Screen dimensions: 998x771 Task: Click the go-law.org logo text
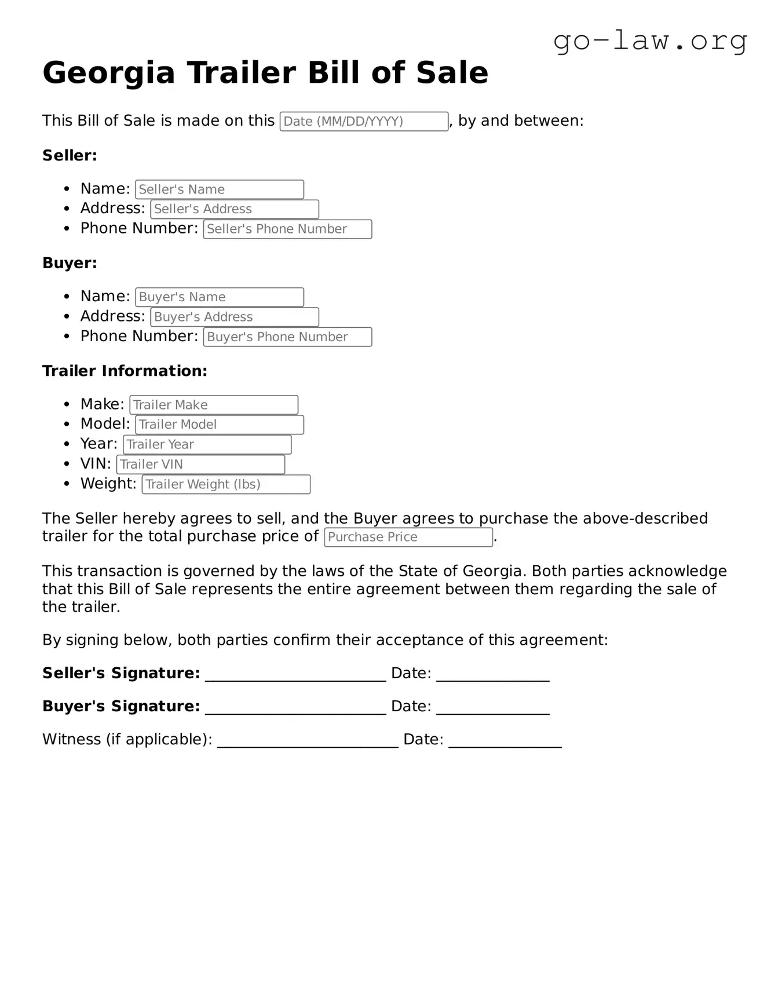coord(650,41)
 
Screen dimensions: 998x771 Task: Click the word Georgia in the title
coord(109,73)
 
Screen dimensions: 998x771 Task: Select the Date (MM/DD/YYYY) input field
coord(364,122)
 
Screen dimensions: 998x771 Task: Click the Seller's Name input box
coord(220,189)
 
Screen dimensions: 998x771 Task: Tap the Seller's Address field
coord(235,209)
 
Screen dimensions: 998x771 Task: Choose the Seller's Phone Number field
coord(287,229)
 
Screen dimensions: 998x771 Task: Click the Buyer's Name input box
coord(220,297)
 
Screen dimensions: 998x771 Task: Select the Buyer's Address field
coord(235,317)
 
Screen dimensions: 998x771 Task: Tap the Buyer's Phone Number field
coord(287,337)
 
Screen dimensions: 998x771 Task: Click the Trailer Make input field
coord(214,405)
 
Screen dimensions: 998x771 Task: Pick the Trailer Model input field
coord(220,425)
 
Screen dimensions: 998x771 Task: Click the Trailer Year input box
coord(207,445)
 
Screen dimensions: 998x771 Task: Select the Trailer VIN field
coord(200,465)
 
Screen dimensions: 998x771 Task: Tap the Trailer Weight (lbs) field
coord(226,484)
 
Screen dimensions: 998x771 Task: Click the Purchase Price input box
coord(408,537)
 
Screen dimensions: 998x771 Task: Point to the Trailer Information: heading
coord(125,371)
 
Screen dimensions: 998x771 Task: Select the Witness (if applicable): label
coord(127,740)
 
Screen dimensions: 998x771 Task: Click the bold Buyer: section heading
coord(70,263)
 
